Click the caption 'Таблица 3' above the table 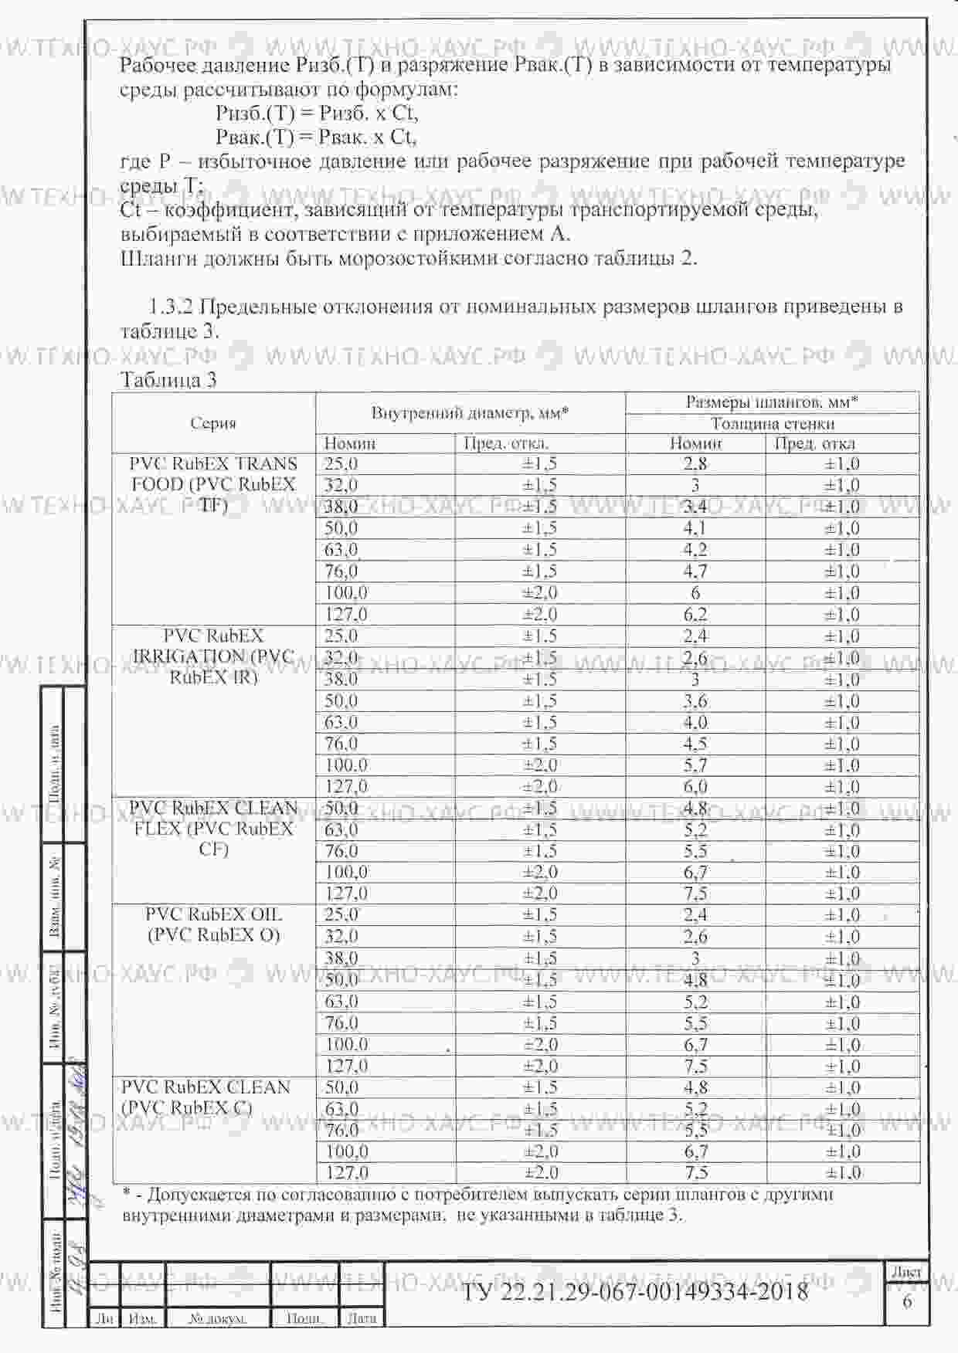[168, 380]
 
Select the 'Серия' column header [213, 422]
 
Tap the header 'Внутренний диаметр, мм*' [470, 412]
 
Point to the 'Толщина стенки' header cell [772, 423]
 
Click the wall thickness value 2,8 [695, 464]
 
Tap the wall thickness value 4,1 [695, 529]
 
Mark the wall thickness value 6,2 [695, 615]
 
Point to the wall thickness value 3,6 [695, 701]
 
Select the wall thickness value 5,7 [695, 765]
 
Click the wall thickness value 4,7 [695, 571]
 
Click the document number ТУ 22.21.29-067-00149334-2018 [634, 1292]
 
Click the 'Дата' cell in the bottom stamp [361, 1318]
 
